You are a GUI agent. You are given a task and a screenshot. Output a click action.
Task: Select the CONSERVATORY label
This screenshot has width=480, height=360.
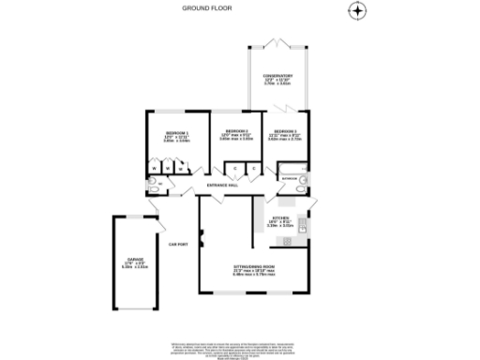(277, 76)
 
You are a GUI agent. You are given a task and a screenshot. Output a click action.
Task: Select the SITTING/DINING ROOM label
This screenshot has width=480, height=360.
(253, 266)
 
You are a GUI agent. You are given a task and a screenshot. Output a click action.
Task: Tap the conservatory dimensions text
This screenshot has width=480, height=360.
(277, 82)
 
